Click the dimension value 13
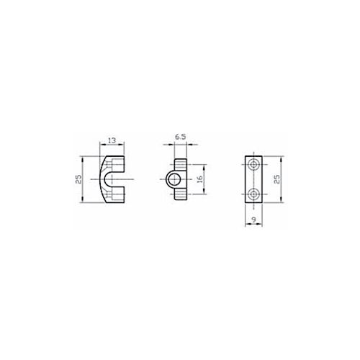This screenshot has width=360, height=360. tap(112, 140)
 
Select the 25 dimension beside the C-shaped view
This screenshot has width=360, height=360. tap(78, 179)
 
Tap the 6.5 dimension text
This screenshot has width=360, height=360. tap(180, 137)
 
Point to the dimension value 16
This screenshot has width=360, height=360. tap(200, 179)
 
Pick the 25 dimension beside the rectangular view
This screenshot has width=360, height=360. tap(276, 179)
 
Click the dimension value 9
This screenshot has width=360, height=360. tap(254, 220)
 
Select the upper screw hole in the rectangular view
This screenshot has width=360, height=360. tap(253, 165)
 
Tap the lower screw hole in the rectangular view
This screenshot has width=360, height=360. tap(253, 194)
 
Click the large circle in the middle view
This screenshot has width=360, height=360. tap(174, 179)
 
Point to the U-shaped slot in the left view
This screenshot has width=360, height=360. tap(105, 179)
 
